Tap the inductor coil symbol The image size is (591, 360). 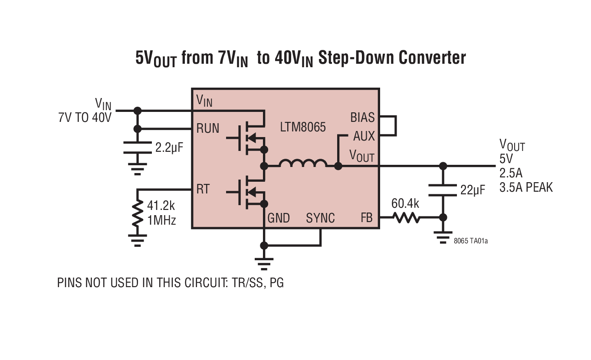pyautogui.click(x=302, y=164)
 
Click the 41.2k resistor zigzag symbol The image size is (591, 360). pyautogui.click(x=138, y=213)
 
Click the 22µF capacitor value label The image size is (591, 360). pyautogui.click(x=472, y=190)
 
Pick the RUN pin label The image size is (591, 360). pyautogui.click(x=208, y=128)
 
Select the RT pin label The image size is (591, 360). pyautogui.click(x=203, y=190)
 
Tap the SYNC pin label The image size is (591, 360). pyautogui.click(x=320, y=218)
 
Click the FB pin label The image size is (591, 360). pyautogui.click(x=367, y=218)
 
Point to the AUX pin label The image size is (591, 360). pyautogui.click(x=364, y=136)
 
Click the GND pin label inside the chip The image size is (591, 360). pyautogui.click(x=279, y=218)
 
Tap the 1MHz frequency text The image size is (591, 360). pyautogui.click(x=162, y=220)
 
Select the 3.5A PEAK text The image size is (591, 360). pyautogui.click(x=526, y=187)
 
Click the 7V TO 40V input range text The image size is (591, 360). pyautogui.click(x=85, y=117)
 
